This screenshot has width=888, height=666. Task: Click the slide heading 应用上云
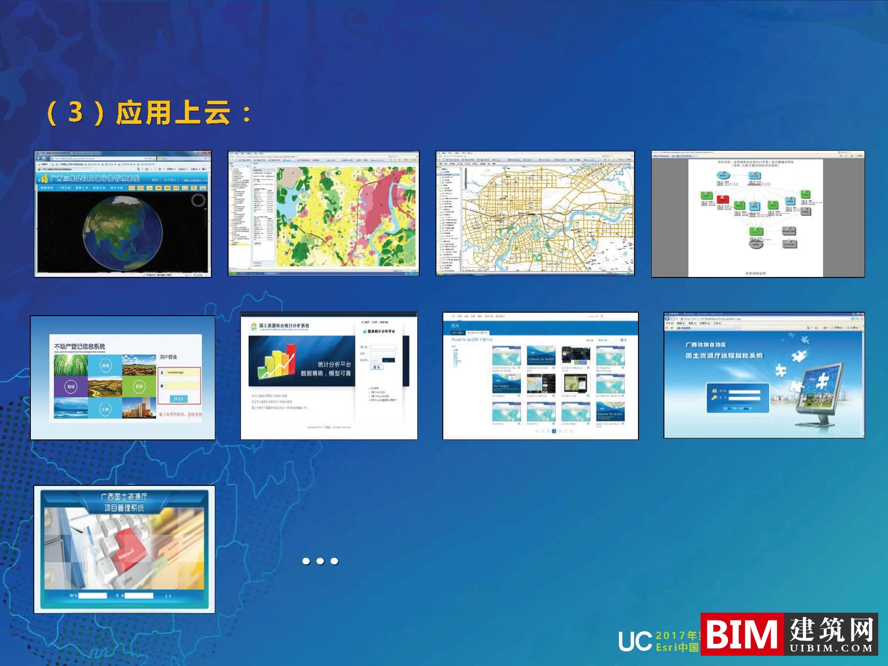click(x=173, y=113)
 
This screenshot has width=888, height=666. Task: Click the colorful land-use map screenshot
click(x=323, y=213)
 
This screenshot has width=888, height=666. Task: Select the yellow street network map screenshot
click(x=535, y=213)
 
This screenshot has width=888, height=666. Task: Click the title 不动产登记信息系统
click(x=79, y=346)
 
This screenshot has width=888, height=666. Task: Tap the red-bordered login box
click(x=179, y=386)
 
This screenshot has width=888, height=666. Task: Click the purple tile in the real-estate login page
click(x=71, y=387)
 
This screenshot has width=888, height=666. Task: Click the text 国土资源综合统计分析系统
click(x=284, y=325)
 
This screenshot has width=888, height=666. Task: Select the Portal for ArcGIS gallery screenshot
click(x=540, y=376)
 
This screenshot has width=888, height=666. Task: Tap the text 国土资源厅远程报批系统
click(x=724, y=356)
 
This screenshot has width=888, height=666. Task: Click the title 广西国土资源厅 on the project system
click(x=124, y=497)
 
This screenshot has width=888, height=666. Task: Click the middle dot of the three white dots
click(x=320, y=561)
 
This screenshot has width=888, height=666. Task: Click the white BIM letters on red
click(x=742, y=634)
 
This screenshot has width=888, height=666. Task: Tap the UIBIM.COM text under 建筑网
click(x=831, y=648)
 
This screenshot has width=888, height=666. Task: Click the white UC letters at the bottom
click(x=635, y=641)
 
